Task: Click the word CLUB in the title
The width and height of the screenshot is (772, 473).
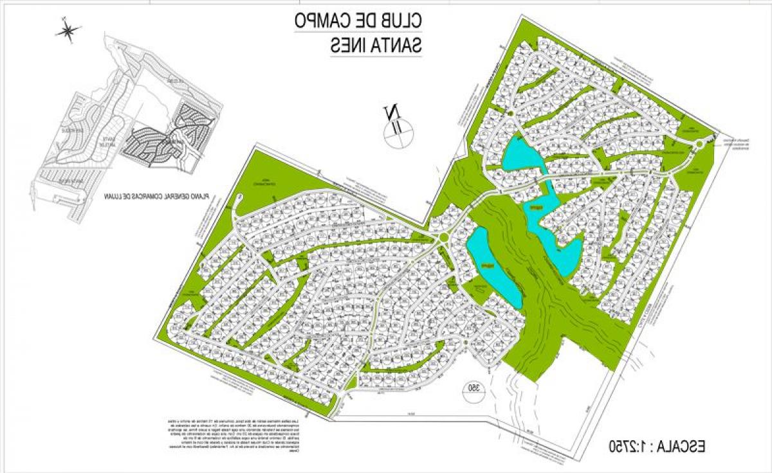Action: tap(401, 21)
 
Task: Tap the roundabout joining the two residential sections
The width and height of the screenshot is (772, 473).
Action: tap(443, 239)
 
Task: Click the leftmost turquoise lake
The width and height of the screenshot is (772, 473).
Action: tap(493, 265)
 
